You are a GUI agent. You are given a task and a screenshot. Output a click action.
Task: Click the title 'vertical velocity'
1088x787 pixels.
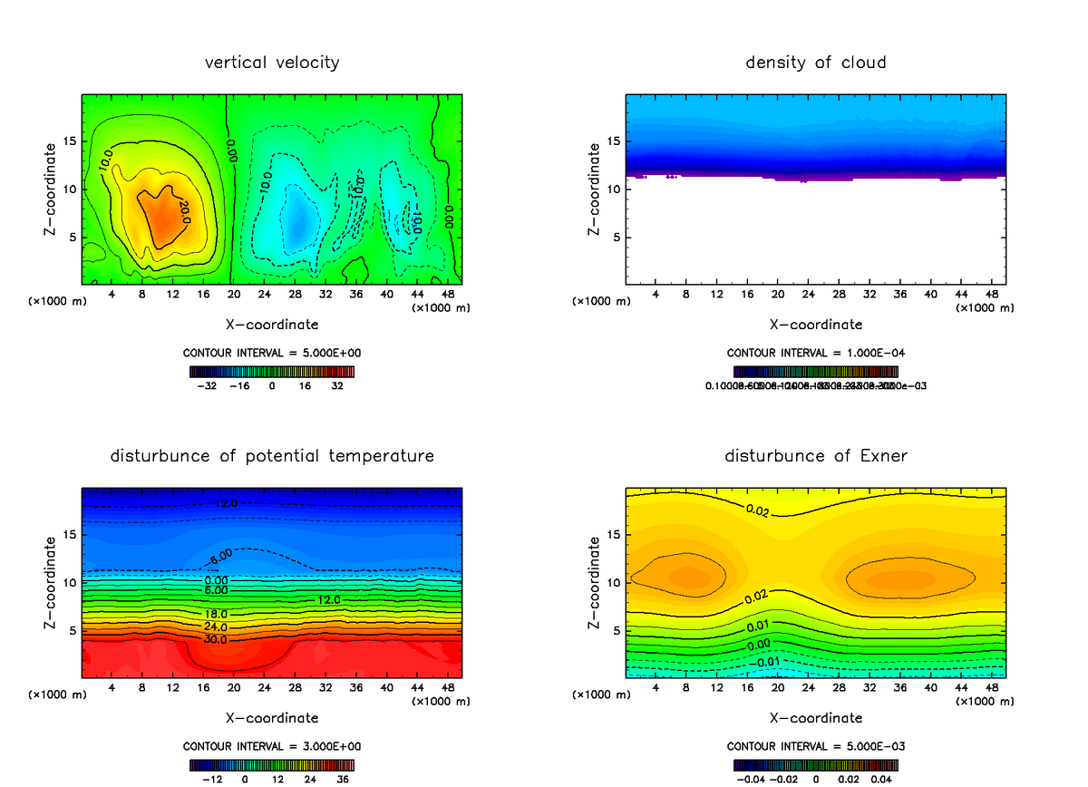coord(272,63)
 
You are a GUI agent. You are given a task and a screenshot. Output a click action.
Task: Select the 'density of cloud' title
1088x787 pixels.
coord(815,63)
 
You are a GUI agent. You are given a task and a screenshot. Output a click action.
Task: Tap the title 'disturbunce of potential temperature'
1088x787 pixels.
coord(272,455)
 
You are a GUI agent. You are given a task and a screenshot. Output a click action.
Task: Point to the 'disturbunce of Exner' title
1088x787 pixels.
coord(815,455)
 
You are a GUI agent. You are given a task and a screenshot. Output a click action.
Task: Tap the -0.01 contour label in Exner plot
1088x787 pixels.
coord(767,660)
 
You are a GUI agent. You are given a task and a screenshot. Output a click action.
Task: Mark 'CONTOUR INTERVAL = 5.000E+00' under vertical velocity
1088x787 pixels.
coord(272,353)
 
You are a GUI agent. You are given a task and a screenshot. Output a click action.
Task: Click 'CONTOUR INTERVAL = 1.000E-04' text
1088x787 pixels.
coord(815,353)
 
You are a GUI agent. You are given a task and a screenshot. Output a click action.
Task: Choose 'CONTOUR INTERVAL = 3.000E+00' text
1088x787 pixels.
coord(272,746)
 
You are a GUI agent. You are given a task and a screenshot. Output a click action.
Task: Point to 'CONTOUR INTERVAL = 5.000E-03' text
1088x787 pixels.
coord(815,746)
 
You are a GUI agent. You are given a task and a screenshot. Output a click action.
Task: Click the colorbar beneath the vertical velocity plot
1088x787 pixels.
coord(272,371)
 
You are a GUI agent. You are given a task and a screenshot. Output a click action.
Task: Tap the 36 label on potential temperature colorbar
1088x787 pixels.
coord(343,779)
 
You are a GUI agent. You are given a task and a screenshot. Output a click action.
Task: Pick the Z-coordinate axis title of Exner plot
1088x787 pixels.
coord(595,583)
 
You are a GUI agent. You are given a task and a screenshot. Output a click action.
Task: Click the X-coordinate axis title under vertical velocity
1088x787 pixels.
coord(272,324)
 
